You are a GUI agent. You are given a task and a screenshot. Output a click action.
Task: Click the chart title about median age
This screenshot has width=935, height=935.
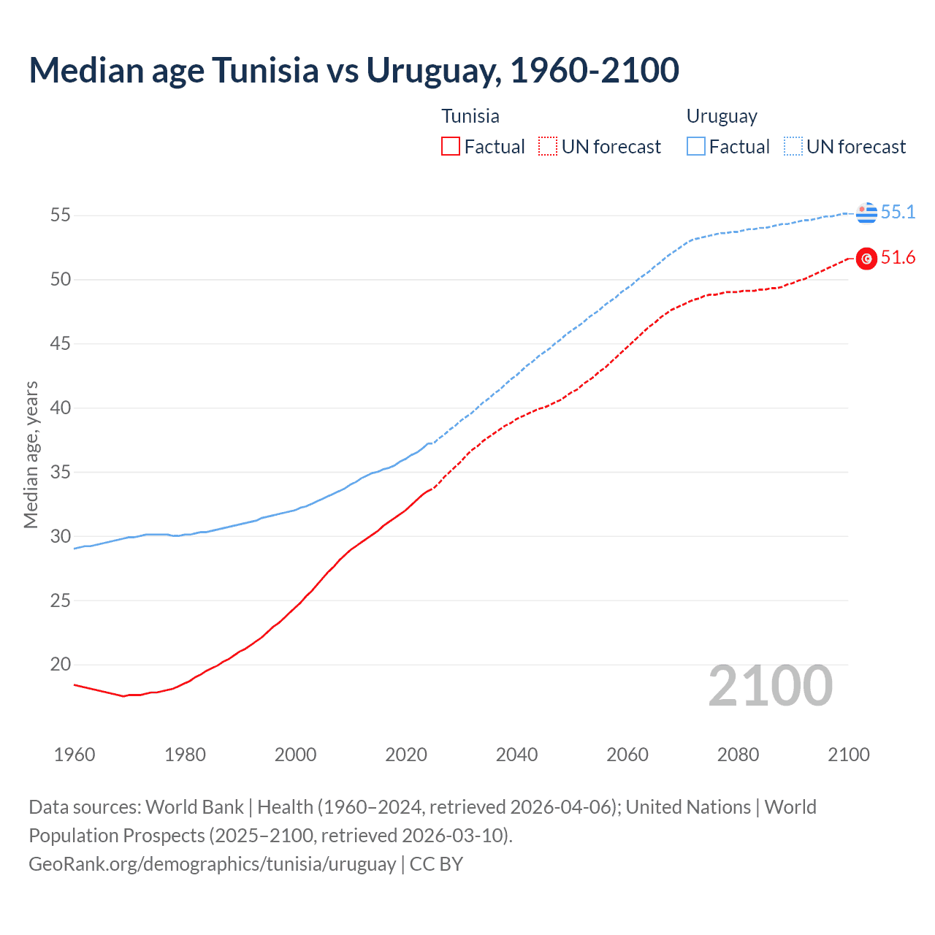point(354,70)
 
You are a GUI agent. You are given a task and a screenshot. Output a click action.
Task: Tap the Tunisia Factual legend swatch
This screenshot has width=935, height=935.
point(451,147)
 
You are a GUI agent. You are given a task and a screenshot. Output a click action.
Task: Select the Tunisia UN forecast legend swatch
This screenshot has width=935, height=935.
point(548,147)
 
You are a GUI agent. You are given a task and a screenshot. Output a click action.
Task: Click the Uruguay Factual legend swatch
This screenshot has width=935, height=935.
point(696,147)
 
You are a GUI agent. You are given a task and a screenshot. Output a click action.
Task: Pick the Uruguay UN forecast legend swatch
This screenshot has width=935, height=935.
point(793,147)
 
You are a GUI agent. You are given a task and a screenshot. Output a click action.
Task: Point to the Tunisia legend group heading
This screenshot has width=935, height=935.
point(470,116)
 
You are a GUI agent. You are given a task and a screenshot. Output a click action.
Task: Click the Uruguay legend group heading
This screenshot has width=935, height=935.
point(722,116)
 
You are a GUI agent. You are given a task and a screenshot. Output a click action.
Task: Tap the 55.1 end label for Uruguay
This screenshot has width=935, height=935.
point(898,212)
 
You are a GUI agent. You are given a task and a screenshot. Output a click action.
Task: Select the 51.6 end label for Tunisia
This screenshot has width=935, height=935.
point(898,258)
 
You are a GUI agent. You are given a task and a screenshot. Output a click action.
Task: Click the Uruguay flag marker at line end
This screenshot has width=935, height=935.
point(866,213)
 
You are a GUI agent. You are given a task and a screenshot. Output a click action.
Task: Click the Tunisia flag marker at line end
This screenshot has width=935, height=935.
point(866,259)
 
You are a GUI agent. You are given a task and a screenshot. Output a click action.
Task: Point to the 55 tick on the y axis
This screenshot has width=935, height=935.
point(61,215)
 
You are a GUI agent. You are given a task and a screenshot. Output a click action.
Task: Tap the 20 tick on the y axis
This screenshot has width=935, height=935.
point(61,665)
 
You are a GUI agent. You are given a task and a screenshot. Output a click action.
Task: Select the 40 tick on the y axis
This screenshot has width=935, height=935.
point(61,408)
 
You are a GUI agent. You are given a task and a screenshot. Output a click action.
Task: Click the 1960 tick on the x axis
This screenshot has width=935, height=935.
point(75,755)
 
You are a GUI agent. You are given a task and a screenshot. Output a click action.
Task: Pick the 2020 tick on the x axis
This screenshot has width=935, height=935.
point(406,755)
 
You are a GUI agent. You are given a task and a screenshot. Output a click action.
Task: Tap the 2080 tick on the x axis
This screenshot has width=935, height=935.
point(738,755)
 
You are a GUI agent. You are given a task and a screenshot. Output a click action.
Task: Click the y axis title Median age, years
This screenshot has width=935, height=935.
point(31,454)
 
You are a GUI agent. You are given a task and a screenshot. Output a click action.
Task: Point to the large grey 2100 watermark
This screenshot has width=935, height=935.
point(770,686)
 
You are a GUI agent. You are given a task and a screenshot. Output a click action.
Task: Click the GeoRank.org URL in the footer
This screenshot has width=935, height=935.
point(212,863)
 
